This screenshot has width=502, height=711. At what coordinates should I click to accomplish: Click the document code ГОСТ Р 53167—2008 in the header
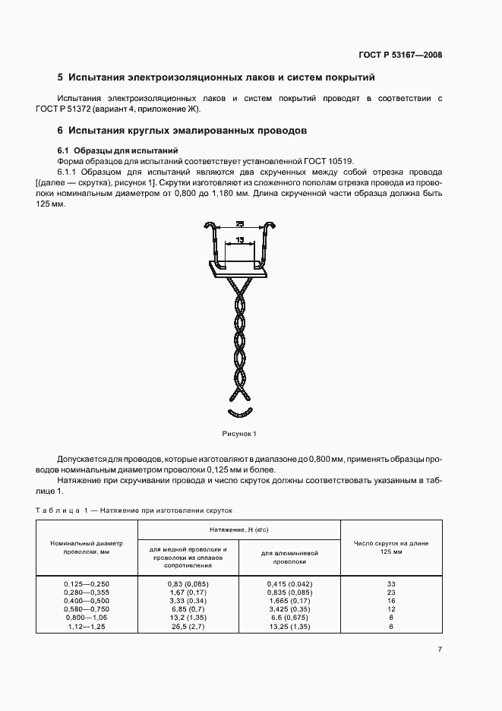tap(401, 55)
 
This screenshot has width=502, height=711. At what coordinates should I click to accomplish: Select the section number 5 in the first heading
tap(60, 77)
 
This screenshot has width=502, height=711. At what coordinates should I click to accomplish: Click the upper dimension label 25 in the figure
tap(239, 224)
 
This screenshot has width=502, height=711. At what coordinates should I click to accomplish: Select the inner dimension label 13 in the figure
tap(239, 239)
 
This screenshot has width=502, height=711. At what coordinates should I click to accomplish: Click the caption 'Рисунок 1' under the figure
tap(240, 434)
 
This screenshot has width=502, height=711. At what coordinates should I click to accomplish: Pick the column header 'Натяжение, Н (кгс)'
tap(239, 528)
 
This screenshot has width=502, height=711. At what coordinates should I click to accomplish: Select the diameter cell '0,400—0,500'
tap(87, 599)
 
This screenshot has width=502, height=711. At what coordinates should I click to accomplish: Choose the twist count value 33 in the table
tap(390, 583)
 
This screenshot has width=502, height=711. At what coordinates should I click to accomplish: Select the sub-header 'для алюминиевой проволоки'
tap(289, 557)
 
